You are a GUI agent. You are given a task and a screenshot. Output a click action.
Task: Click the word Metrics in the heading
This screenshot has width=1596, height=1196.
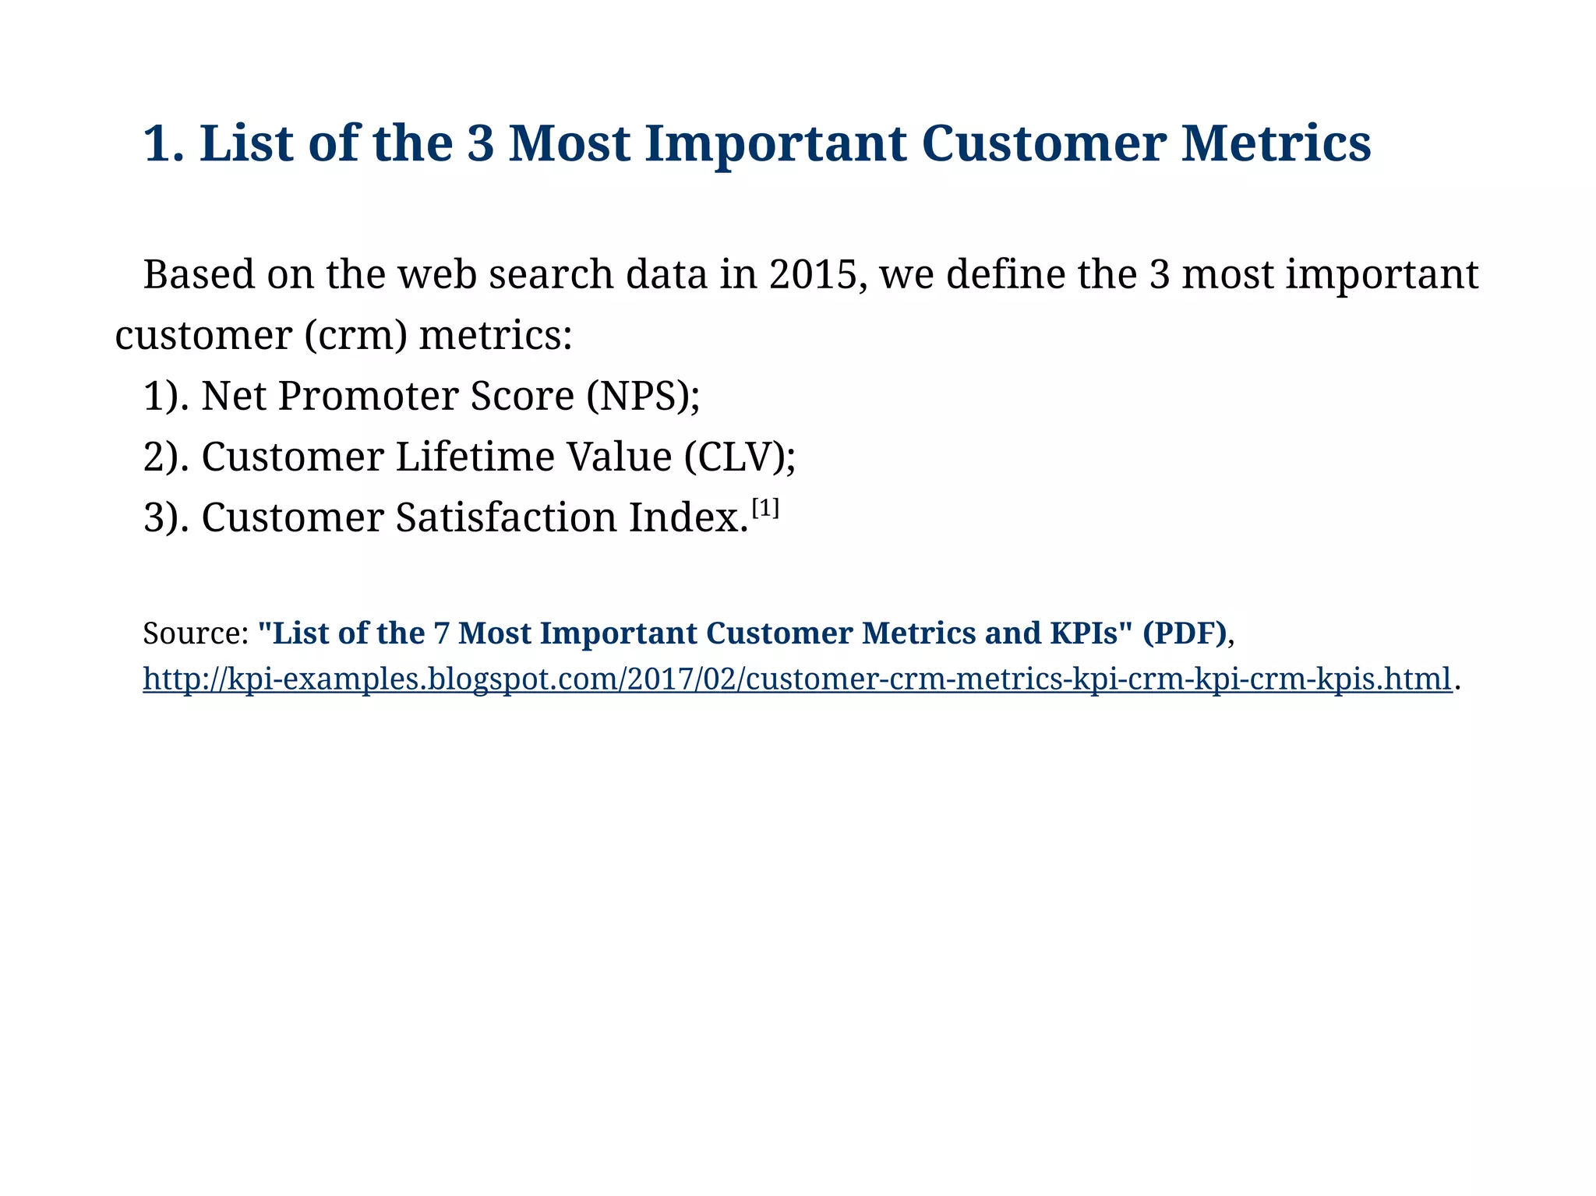coord(1276,144)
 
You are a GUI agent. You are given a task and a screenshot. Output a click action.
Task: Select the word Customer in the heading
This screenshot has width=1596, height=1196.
coord(1043,144)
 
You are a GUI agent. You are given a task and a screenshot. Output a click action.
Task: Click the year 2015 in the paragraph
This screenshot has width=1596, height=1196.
coord(817,275)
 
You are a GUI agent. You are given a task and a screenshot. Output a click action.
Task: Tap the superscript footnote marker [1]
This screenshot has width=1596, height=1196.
coord(765,510)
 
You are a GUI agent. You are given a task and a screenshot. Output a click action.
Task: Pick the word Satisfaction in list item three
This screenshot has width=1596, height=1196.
coord(506,517)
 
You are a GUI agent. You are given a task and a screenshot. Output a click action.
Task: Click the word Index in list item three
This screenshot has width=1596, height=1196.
coord(683,517)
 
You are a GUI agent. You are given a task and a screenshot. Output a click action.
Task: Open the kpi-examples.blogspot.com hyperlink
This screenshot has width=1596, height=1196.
coord(796,679)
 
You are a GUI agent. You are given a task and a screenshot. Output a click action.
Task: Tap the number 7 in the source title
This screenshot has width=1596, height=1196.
coord(442,633)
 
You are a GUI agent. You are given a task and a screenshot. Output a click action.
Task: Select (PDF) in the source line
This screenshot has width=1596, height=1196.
coord(1185,633)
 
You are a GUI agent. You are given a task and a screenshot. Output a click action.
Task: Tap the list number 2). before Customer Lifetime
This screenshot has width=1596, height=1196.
coord(166,457)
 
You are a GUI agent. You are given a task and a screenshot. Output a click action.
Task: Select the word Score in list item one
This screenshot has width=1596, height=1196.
coord(522,396)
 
